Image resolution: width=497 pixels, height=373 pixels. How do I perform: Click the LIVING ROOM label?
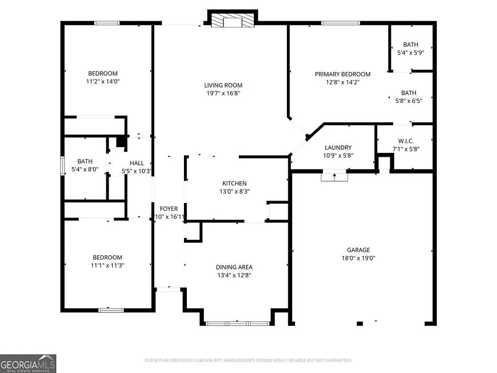click(223, 85)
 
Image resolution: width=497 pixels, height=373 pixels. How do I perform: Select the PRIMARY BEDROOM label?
click(342, 74)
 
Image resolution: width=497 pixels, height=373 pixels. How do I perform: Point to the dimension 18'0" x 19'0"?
click(358, 258)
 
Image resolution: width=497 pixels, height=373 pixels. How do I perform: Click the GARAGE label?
click(358, 250)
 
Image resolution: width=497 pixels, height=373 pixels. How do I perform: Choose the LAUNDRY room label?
click(338, 148)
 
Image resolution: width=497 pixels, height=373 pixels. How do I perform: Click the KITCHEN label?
click(234, 183)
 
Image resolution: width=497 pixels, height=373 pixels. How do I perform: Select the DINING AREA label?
click(234, 267)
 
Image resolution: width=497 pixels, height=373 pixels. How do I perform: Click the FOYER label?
click(169, 209)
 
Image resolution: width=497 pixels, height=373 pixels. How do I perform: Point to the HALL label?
click(137, 163)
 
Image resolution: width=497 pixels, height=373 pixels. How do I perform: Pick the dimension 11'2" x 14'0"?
click(102, 82)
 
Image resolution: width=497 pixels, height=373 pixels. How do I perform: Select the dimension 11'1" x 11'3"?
click(107, 266)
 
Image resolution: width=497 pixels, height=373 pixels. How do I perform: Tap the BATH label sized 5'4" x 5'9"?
click(410, 45)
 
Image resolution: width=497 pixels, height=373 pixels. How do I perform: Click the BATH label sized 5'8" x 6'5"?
click(408, 93)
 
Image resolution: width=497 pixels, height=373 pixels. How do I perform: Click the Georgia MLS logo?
click(28, 363)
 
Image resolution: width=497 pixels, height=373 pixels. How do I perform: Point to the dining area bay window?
click(237, 323)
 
